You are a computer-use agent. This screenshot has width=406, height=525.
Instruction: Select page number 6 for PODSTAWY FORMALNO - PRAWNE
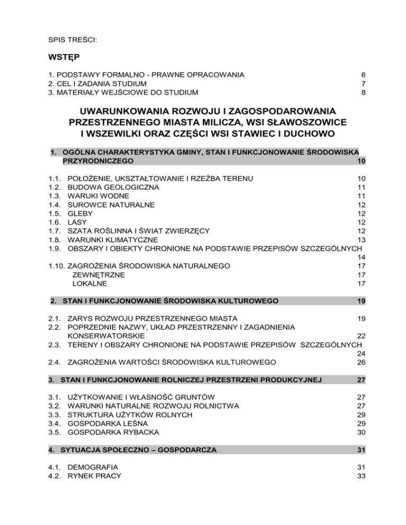364,74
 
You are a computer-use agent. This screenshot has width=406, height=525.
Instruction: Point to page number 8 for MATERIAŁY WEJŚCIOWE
364,92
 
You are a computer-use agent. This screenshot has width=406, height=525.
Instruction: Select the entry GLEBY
79,213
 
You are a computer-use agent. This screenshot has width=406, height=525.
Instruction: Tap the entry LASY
77,222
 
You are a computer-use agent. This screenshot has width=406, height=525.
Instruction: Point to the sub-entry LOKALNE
89,284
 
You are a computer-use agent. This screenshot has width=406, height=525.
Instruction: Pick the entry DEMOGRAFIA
93,467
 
